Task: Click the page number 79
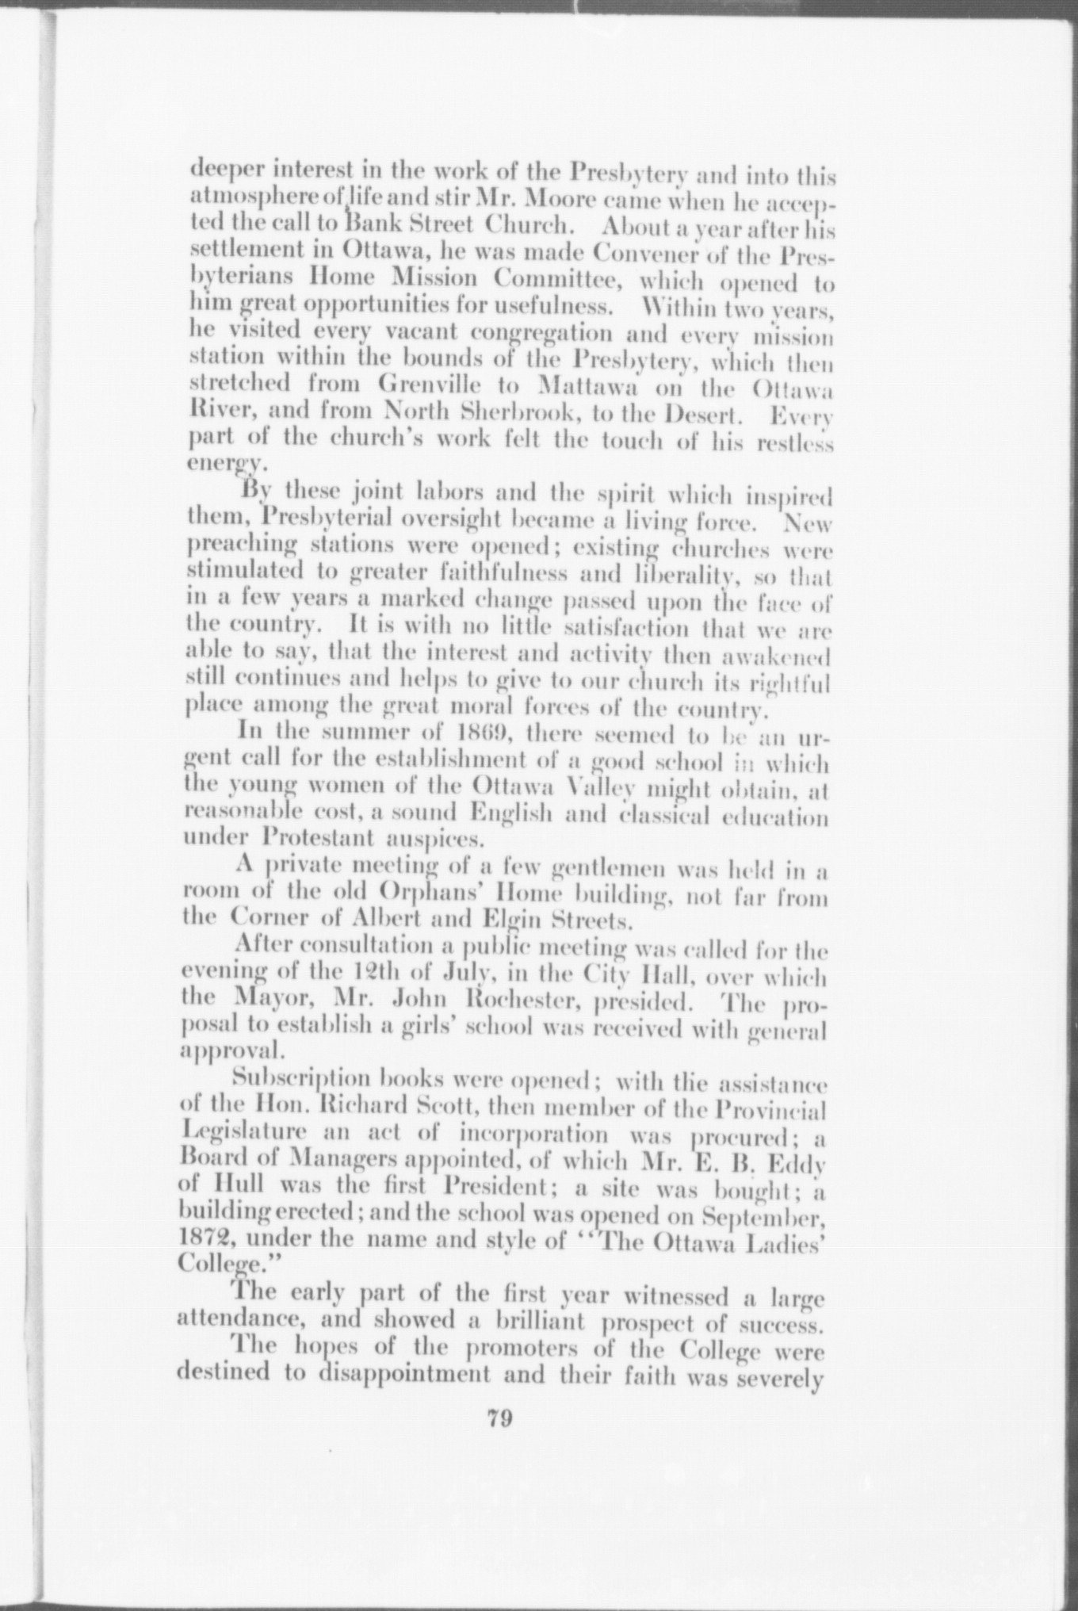point(499,1418)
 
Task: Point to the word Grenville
point(427,386)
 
